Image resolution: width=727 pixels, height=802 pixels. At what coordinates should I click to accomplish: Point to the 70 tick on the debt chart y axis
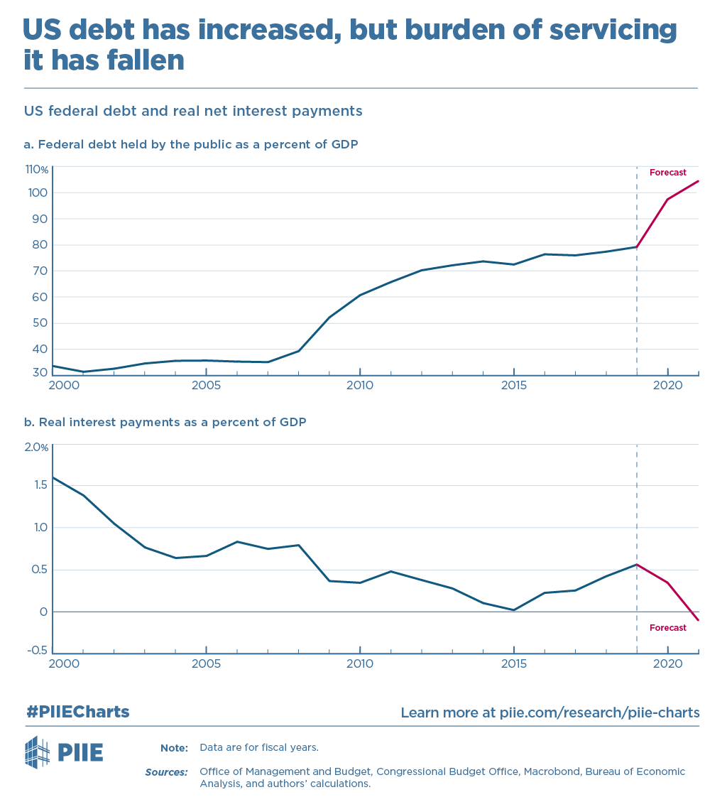[40, 271]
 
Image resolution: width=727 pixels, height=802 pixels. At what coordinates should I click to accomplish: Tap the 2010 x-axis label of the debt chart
[360, 386]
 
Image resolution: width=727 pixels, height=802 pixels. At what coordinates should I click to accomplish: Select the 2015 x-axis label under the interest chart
[513, 663]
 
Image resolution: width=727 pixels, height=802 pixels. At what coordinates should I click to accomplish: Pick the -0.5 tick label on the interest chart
[38, 651]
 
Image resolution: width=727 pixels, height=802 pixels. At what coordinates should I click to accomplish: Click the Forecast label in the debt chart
[667, 173]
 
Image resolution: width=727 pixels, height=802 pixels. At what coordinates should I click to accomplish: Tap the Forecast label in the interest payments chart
[667, 628]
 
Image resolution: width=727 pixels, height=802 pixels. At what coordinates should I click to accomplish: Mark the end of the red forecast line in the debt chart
[699, 181]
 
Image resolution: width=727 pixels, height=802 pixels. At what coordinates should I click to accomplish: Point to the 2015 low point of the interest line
[513, 609]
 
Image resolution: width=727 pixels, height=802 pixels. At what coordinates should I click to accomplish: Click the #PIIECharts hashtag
[78, 712]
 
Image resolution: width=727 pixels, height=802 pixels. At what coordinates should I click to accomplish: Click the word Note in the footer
[174, 748]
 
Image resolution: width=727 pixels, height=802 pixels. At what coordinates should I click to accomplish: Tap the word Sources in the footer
[166, 771]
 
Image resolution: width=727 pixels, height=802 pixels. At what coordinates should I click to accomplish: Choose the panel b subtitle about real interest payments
[165, 422]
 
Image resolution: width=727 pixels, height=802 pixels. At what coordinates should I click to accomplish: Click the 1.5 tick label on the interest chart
[40, 485]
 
